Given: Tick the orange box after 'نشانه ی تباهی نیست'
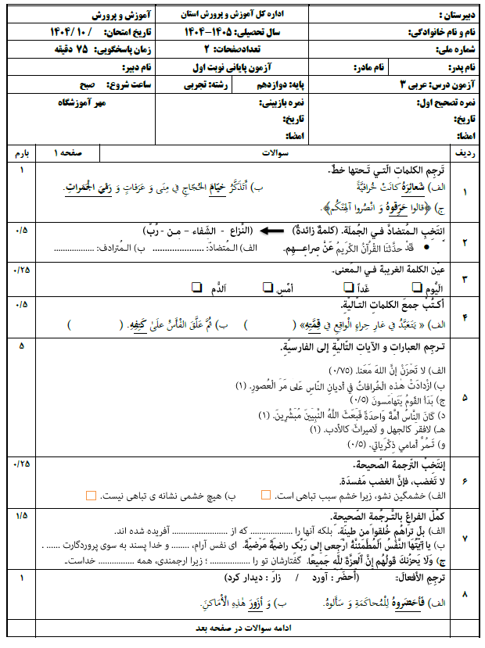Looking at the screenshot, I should [92, 496].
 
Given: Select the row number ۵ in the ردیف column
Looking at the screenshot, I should [465, 397].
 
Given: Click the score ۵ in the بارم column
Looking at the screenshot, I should [20, 345].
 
